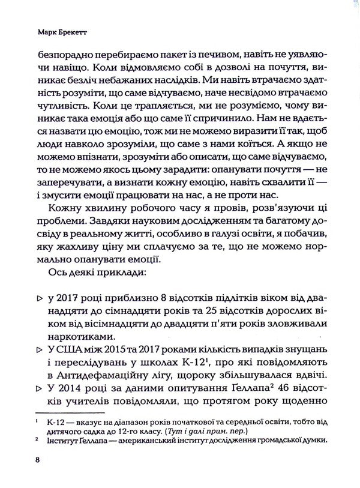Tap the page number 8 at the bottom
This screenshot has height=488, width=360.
pyautogui.click(x=38, y=460)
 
